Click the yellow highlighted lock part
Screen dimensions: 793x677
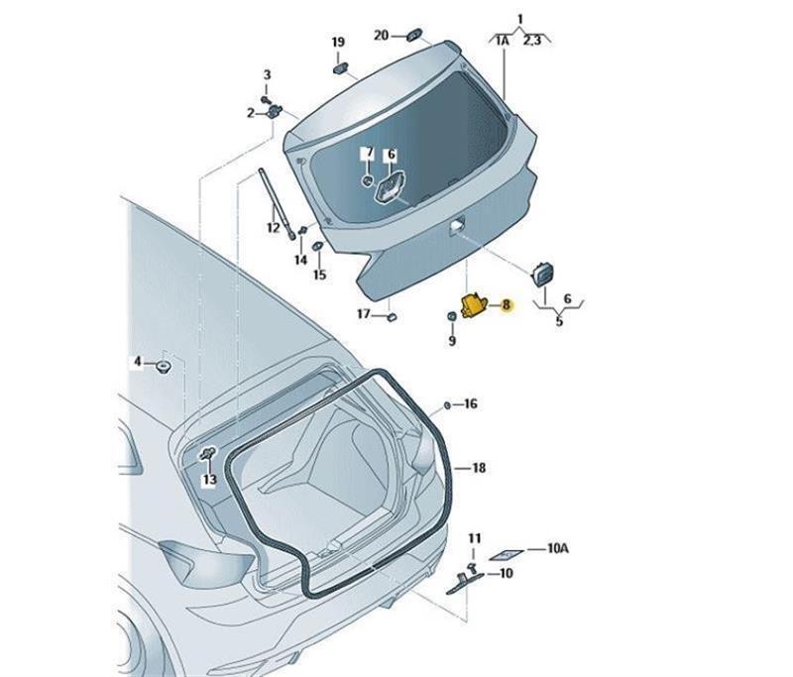(473, 304)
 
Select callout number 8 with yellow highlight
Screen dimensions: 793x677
(506, 305)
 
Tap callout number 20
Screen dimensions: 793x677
(381, 36)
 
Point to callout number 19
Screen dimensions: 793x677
(338, 42)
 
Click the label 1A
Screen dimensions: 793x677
(503, 41)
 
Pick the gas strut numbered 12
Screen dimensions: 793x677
(278, 203)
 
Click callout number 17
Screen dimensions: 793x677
(364, 314)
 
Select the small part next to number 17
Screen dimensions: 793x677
(392, 317)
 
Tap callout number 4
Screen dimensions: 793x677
(138, 362)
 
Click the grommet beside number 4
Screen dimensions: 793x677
(164, 366)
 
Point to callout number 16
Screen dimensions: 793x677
(470, 404)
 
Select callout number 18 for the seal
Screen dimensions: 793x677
(479, 468)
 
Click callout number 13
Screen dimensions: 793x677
(209, 479)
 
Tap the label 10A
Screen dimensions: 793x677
(558, 548)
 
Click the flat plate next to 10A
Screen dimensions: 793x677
(507, 555)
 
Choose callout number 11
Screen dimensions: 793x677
(474, 539)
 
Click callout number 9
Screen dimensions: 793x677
(452, 341)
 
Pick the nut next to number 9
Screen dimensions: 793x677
(452, 316)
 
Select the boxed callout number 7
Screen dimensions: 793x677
(369, 153)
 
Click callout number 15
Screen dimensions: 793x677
(319, 275)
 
